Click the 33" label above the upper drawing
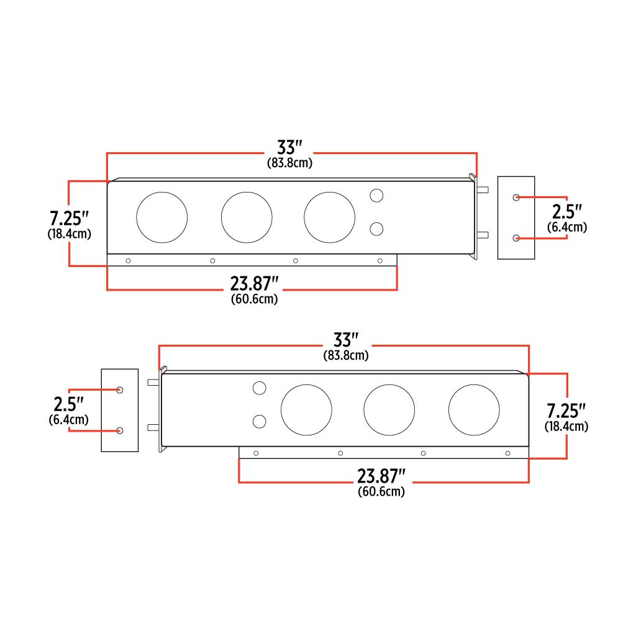point(289,148)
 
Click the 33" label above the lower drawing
point(346,340)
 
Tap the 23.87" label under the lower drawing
point(381,476)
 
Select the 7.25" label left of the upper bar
point(69,219)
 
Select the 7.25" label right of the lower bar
point(566,411)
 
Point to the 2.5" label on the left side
point(68,404)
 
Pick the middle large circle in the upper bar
point(247,217)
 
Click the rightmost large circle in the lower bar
point(474,410)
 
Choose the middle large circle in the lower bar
point(389,410)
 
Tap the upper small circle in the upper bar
point(376,196)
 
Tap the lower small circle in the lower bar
point(260,422)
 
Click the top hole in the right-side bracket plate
point(516,197)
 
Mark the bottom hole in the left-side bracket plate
point(120,430)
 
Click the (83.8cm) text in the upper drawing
point(289,163)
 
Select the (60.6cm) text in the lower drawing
point(381,492)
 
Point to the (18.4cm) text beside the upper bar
point(69,234)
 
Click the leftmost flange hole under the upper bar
point(128,261)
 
